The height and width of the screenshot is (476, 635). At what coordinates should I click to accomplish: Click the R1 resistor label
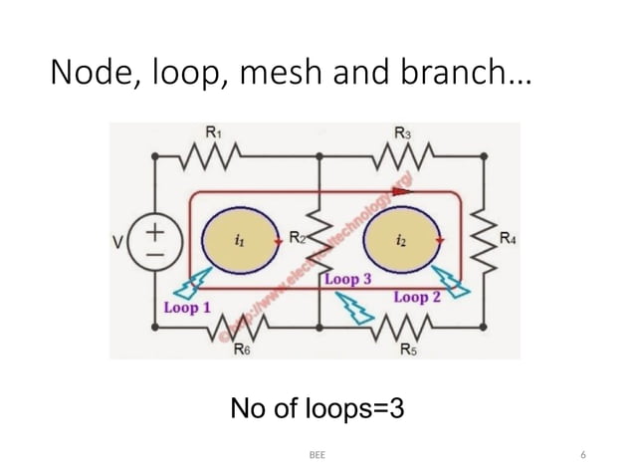click(213, 131)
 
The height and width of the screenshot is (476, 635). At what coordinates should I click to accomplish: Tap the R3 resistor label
click(401, 131)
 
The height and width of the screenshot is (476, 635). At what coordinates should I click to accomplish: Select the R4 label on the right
click(508, 238)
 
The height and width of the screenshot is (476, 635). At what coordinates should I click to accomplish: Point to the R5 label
click(408, 350)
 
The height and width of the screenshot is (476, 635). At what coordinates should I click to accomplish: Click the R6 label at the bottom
click(241, 350)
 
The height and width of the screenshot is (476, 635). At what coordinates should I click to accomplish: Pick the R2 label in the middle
click(297, 237)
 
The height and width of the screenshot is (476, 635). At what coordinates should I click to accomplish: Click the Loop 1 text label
click(186, 308)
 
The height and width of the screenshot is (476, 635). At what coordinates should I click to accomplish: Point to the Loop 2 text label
click(418, 297)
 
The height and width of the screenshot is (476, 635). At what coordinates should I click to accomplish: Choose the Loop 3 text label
click(347, 280)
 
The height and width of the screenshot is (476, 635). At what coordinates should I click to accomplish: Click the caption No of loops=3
click(317, 409)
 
